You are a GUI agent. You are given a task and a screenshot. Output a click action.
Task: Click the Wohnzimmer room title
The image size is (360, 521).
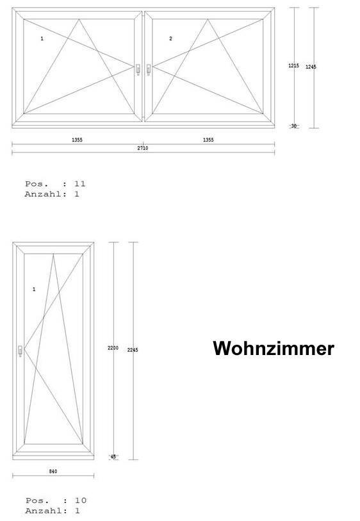[274, 349]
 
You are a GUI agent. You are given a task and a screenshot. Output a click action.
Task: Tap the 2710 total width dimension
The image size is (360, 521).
[143, 148]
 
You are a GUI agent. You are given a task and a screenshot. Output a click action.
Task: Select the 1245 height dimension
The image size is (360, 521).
[311, 67]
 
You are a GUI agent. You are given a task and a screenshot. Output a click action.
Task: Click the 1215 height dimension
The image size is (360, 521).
[293, 65]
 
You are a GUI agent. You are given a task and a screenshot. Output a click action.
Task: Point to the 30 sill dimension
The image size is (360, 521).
[294, 126]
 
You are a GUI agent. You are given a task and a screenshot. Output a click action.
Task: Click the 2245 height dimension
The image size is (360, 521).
[133, 350]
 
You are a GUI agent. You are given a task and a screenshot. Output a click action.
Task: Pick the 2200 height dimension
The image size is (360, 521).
[113, 348]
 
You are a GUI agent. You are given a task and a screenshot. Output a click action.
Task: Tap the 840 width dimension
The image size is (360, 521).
[53, 471]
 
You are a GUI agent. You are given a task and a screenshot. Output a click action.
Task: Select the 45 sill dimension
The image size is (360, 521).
[113, 457]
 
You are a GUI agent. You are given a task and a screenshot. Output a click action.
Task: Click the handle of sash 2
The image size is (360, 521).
[149, 69]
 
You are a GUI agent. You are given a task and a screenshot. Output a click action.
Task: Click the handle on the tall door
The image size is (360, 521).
[20, 351]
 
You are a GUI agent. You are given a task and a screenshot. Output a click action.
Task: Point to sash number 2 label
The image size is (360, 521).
[170, 38]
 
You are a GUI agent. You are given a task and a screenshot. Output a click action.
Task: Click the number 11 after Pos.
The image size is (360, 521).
[79, 184]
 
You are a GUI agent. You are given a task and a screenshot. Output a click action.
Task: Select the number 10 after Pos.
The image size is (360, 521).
[80, 500]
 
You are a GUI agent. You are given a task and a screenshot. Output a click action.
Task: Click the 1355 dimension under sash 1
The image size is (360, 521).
[77, 140]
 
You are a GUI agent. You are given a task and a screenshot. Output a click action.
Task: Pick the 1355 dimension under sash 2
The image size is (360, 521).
[208, 140]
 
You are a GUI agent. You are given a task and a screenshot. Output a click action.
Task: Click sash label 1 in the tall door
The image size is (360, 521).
[34, 290]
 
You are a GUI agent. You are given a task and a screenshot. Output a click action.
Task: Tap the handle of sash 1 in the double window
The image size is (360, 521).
[138, 69]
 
